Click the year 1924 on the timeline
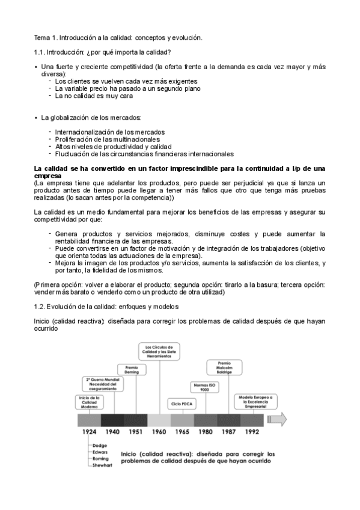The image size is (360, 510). coord(90,431)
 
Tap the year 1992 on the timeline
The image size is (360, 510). coord(252,431)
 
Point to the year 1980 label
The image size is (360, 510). coord(206,431)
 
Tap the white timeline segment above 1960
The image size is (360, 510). coord(159,419)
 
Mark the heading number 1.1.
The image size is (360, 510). coord(40,52)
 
